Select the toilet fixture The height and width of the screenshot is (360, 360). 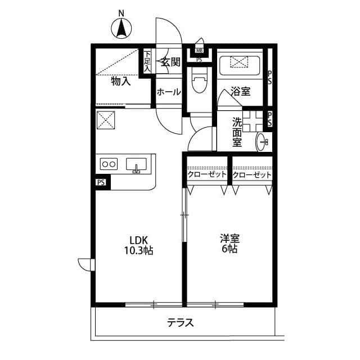(199, 82)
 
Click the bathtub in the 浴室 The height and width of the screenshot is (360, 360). (240, 65)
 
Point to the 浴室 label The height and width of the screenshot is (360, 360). (241, 92)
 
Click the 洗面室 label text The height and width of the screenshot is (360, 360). (237, 131)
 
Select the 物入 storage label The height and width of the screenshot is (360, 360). (120, 82)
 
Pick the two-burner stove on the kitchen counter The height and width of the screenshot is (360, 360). (108, 164)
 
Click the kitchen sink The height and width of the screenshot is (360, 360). (136, 165)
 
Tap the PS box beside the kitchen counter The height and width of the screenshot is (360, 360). (101, 182)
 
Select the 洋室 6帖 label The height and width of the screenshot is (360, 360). (229, 243)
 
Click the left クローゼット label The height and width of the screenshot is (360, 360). (206, 175)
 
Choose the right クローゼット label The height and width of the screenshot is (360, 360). (251, 175)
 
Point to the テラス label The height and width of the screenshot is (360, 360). (181, 323)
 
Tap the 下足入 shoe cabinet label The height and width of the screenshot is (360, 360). (147, 61)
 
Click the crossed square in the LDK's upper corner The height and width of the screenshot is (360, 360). (106, 120)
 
